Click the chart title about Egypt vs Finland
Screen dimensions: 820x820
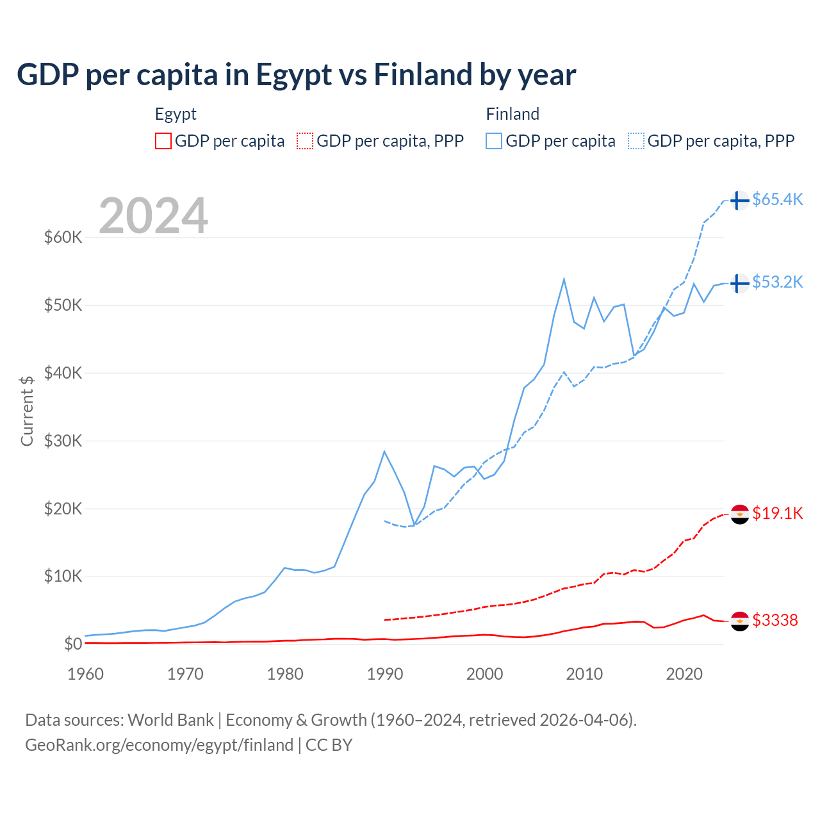[296, 75]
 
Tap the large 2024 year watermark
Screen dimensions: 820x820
[153, 216]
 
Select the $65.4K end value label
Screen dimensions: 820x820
[777, 200]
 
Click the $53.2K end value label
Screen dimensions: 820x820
[777, 283]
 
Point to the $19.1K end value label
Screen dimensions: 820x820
[777, 513]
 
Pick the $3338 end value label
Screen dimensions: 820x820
[775, 620]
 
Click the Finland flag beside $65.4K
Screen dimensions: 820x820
[740, 201]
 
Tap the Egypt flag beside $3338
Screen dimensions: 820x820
[740, 621]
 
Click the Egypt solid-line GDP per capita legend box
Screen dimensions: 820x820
[163, 141]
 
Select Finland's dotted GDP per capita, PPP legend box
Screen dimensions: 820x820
[636, 141]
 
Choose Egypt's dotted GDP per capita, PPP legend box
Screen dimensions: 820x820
[305, 141]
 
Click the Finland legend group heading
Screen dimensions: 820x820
[512, 114]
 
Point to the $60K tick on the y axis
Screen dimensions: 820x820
[63, 238]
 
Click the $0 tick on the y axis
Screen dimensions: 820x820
[72, 644]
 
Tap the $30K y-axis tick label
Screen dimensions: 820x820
[63, 441]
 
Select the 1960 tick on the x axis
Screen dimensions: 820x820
[85, 674]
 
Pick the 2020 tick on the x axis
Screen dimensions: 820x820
[684, 674]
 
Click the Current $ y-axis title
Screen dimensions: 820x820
[27, 411]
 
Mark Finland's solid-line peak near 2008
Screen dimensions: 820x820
[564, 279]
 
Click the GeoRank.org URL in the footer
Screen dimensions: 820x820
[159, 745]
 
